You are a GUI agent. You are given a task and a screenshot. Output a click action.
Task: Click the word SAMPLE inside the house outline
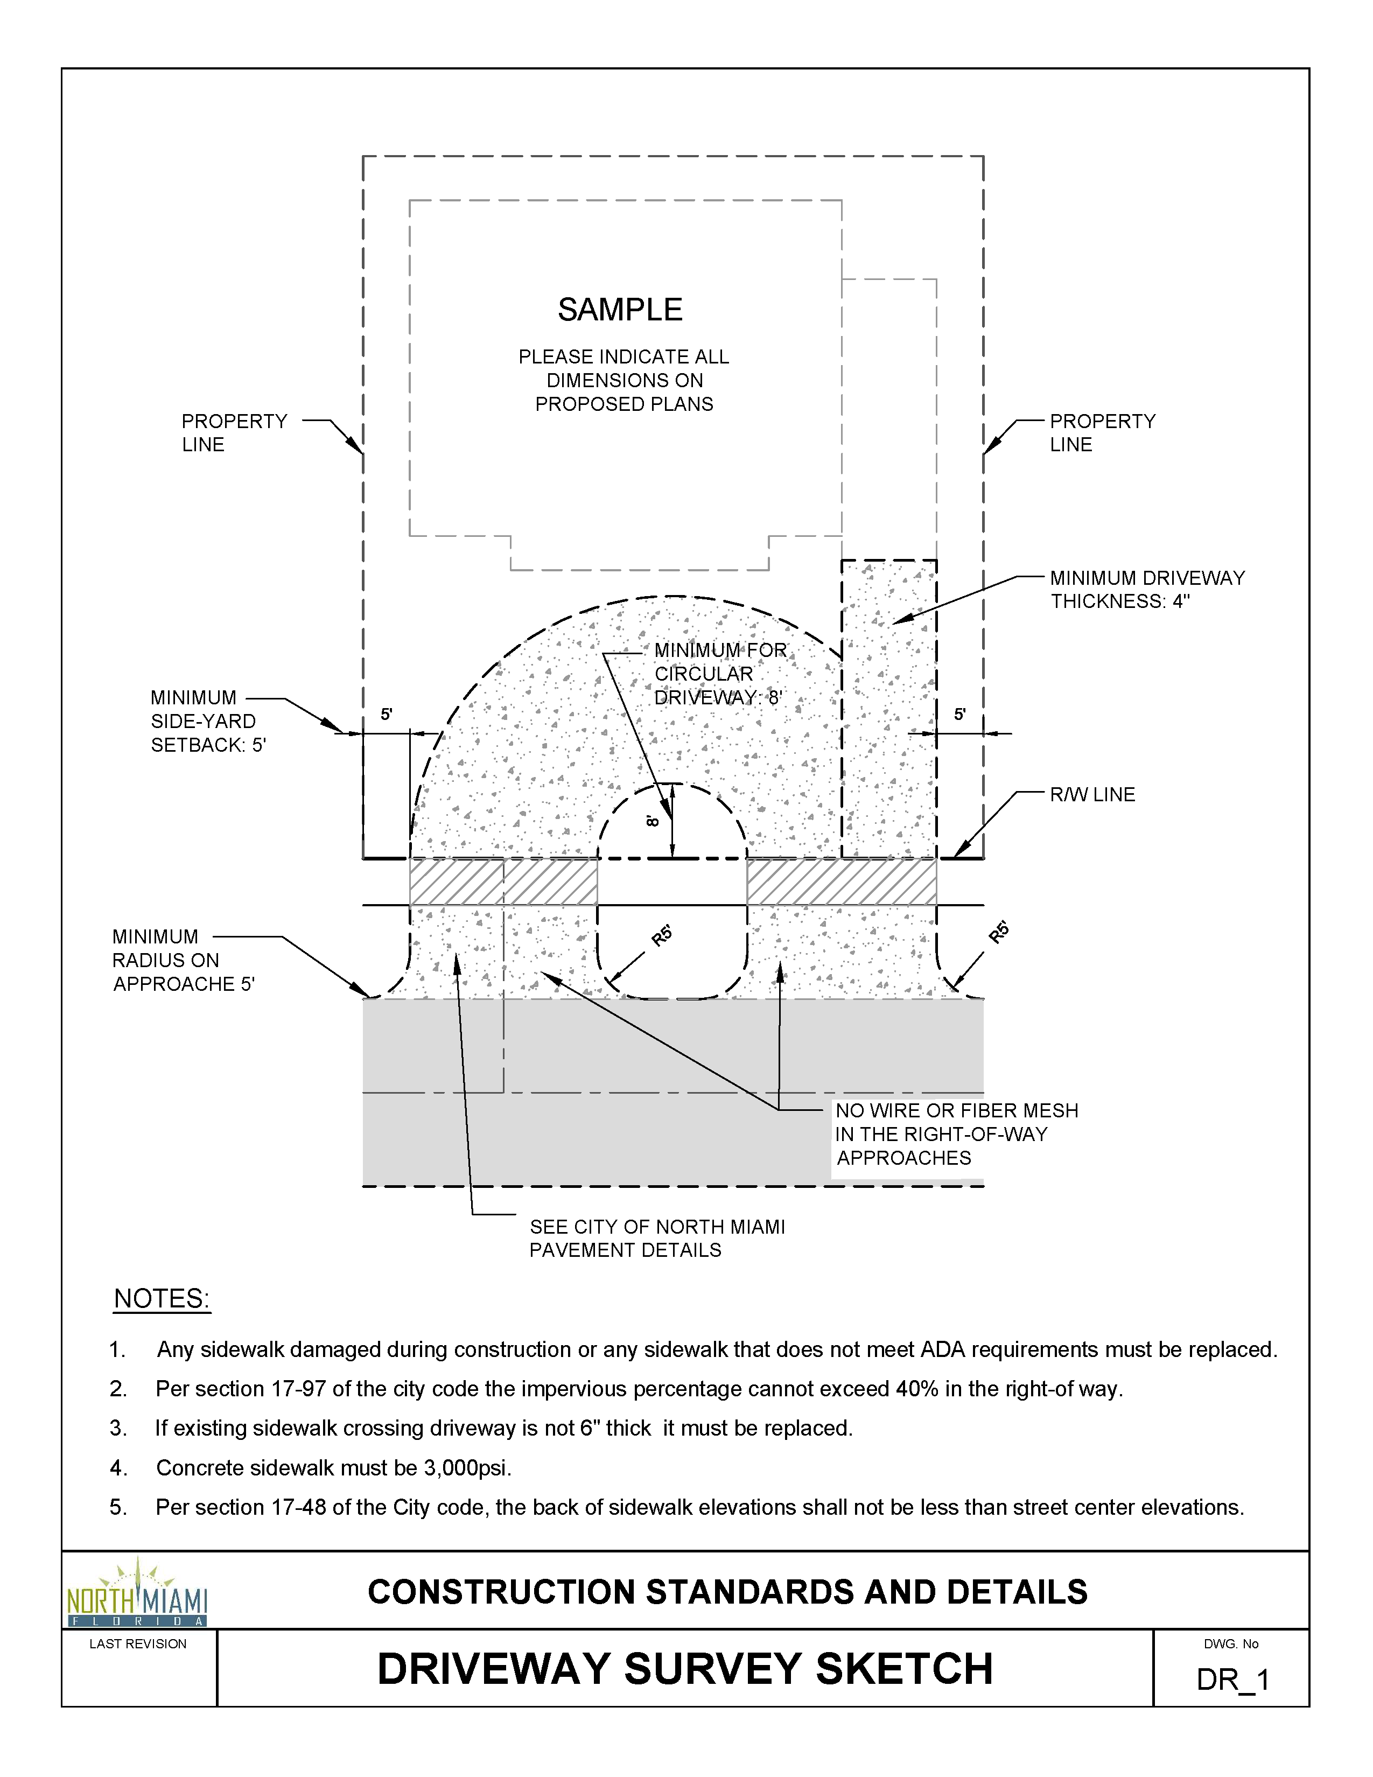(x=620, y=310)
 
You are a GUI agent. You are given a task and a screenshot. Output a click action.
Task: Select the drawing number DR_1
(x=1232, y=1680)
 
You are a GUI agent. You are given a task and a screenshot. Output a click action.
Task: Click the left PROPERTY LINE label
(x=234, y=433)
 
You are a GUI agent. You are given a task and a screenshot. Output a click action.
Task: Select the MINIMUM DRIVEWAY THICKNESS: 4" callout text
(x=1147, y=590)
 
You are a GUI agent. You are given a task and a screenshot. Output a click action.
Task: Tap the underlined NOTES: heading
(x=162, y=1299)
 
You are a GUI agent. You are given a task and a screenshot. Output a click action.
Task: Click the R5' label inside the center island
(x=662, y=936)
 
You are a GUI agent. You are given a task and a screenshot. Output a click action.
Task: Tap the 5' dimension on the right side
(x=960, y=715)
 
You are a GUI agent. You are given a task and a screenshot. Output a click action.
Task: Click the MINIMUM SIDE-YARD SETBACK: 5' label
(x=207, y=722)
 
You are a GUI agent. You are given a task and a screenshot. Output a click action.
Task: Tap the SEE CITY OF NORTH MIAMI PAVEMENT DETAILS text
(x=657, y=1239)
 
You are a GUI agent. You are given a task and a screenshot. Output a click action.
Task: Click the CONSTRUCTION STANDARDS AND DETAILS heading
(x=727, y=1592)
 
